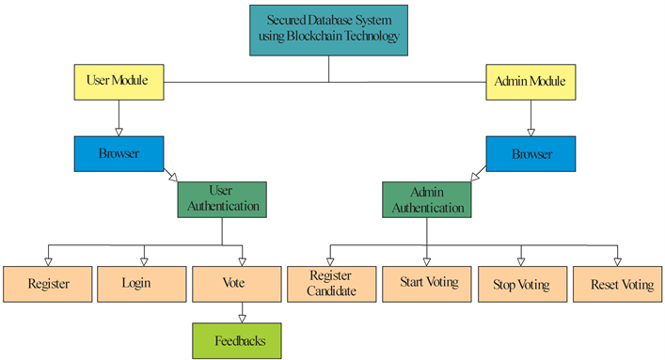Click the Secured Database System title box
(x=329, y=29)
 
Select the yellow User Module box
(x=118, y=81)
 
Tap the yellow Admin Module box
(x=530, y=82)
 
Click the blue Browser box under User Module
(x=118, y=152)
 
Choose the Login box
(x=143, y=283)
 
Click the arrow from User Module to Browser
(x=118, y=117)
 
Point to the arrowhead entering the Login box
(x=143, y=260)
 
